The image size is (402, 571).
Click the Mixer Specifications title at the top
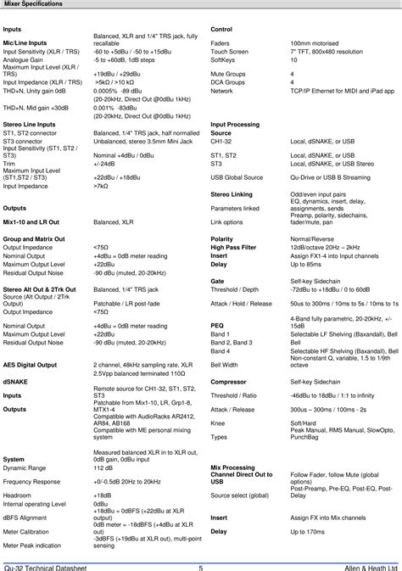pyautogui.click(x=31, y=4)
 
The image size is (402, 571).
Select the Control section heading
pyautogui.click(x=221, y=30)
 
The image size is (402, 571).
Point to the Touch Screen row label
pyautogui.click(x=229, y=52)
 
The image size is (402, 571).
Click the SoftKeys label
pyautogui.click(x=222, y=61)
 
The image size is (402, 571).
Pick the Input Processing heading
pyautogui.click(x=235, y=125)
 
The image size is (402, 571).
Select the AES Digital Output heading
pyautogui.click(x=30, y=364)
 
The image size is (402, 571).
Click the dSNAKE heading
pyautogui.click(x=17, y=383)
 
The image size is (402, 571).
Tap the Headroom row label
pyautogui.click(x=17, y=495)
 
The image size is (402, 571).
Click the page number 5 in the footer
pyautogui.click(x=201, y=566)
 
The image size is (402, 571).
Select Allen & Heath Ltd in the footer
pyautogui.click(x=366, y=566)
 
